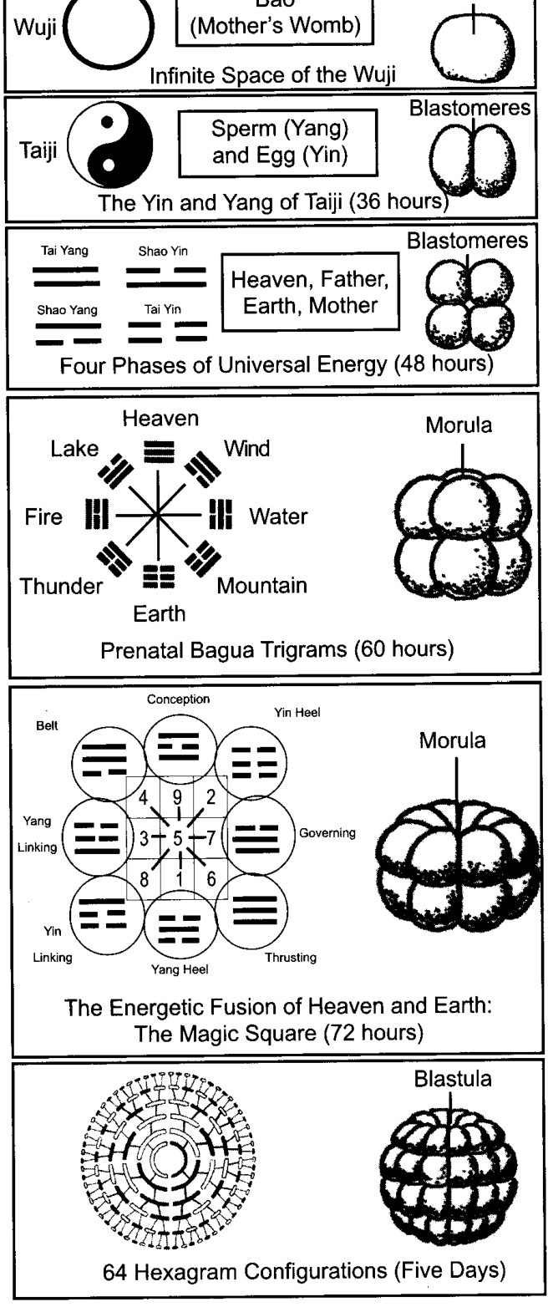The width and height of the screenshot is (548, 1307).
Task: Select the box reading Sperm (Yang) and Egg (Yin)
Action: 278,143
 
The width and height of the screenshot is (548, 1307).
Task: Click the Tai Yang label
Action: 64,251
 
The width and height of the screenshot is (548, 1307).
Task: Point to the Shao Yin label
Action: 163,252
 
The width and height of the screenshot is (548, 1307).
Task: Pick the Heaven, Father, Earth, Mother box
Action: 310,292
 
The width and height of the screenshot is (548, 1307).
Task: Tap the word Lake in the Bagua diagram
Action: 74,449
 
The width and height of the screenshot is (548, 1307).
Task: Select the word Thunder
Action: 61,586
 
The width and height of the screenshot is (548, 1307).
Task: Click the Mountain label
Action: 261,585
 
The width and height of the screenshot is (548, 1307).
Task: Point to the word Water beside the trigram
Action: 278,516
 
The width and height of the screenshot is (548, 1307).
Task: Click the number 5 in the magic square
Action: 177,838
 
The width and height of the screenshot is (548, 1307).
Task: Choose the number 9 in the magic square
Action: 177,797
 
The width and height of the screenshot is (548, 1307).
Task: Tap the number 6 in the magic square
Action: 211,879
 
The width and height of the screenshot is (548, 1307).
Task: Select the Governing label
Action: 327,833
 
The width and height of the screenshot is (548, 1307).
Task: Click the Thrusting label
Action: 291,958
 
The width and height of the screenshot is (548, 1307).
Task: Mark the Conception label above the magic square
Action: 178,699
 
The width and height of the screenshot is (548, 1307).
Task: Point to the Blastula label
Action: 453,1079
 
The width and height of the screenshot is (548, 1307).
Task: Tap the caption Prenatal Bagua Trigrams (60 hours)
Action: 277,649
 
